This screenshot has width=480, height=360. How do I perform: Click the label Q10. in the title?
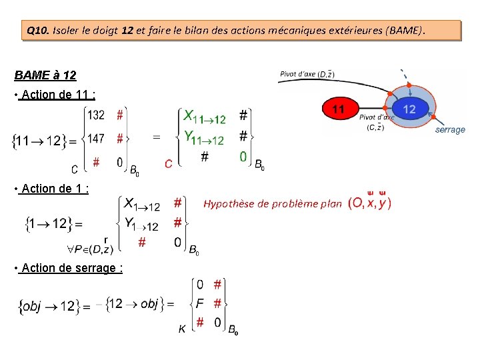[37, 31]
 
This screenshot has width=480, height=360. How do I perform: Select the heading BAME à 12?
[45, 75]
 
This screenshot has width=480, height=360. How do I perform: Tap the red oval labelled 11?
[338, 108]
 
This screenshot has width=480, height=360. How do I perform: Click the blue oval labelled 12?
[409, 109]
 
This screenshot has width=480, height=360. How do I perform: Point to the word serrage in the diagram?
[450, 129]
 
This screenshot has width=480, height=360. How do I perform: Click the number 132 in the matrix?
[96, 115]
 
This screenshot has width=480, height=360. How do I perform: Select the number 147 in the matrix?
[96, 139]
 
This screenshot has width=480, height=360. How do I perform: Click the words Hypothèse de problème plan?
[273, 203]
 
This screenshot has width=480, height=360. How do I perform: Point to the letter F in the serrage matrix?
[199, 303]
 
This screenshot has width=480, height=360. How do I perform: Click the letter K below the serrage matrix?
[181, 328]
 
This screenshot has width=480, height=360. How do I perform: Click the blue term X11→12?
[205, 117]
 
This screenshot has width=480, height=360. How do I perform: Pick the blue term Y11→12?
[204, 139]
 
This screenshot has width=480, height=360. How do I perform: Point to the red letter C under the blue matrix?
[169, 163]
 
